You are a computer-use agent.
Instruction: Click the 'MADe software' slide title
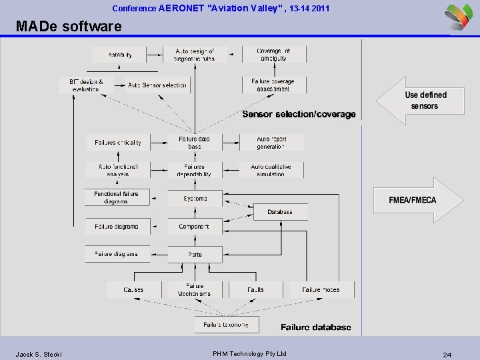[x=69, y=27]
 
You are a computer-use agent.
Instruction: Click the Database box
[x=280, y=212]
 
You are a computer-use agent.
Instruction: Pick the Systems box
[x=194, y=198]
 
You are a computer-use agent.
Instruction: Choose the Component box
[x=194, y=227]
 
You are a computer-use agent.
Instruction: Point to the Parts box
[x=194, y=254]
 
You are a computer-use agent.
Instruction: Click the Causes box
[x=134, y=289]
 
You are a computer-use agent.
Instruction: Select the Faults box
[x=255, y=289]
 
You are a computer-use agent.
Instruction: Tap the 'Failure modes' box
[x=321, y=289]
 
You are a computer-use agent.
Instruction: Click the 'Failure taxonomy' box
[x=226, y=325]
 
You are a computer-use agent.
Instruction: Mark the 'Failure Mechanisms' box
[x=194, y=289]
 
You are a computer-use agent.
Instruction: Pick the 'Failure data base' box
[x=194, y=143]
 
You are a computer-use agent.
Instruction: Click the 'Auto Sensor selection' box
[x=157, y=85]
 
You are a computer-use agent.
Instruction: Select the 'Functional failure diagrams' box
[x=117, y=197]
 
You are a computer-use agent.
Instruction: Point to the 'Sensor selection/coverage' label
[x=299, y=114]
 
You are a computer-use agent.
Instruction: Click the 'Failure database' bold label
[x=315, y=327]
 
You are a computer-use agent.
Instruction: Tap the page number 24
[x=447, y=355]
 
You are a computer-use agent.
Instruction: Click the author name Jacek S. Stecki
[x=39, y=354]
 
